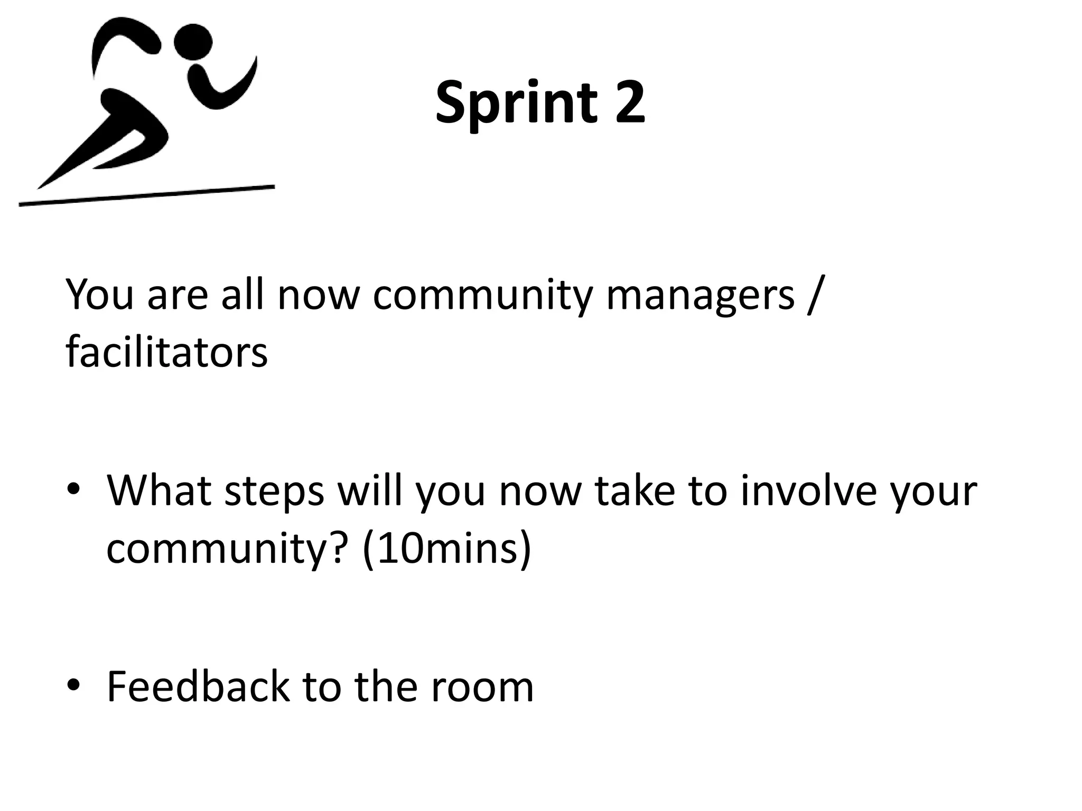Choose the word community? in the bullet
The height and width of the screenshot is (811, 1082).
(x=228, y=550)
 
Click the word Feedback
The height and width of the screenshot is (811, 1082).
(x=198, y=686)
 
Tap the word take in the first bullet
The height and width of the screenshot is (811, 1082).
(x=635, y=491)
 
